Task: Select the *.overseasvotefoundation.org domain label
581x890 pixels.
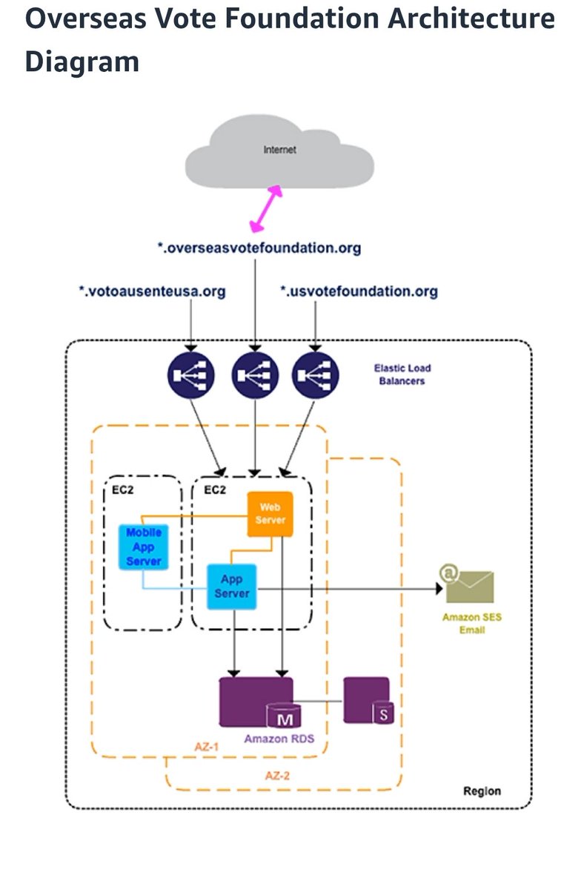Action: (x=259, y=248)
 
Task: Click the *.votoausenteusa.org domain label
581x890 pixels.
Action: (x=152, y=291)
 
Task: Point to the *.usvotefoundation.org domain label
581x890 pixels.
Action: (x=359, y=291)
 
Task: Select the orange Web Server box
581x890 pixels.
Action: (x=270, y=513)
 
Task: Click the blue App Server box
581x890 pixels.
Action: (x=232, y=586)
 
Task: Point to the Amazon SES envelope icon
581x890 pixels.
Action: (x=468, y=586)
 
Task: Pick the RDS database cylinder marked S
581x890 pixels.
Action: (x=383, y=713)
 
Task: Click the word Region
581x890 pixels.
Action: (x=482, y=791)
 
